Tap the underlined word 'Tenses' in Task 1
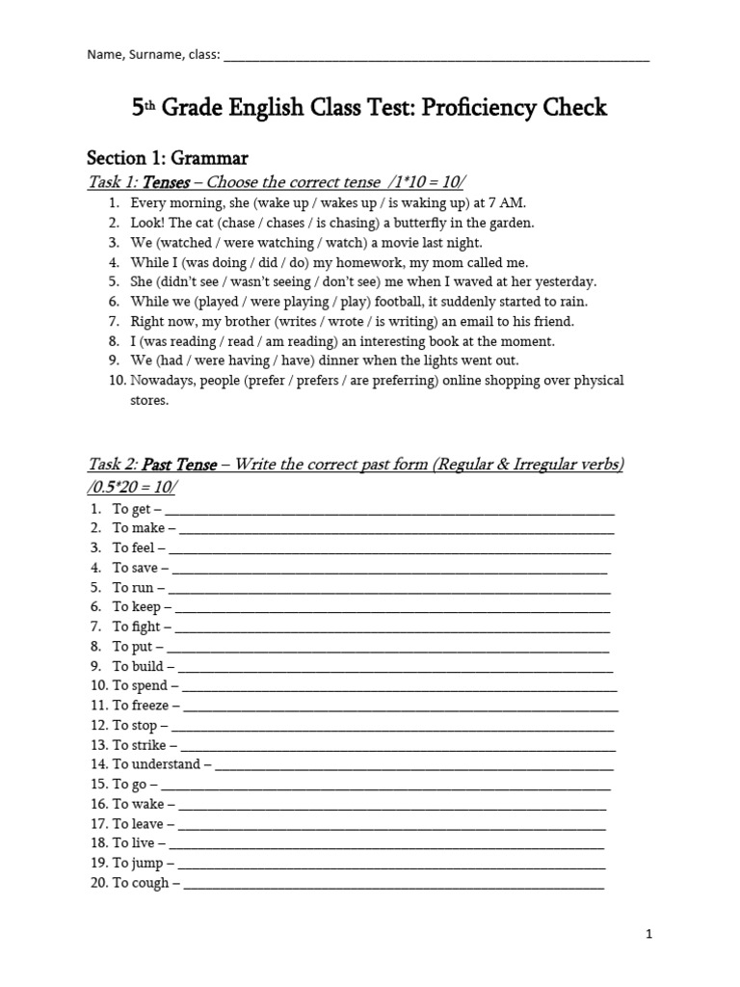pos(166,182)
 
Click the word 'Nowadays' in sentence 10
pos(160,380)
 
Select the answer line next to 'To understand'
pos(414,765)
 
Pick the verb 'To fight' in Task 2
pos(137,627)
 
